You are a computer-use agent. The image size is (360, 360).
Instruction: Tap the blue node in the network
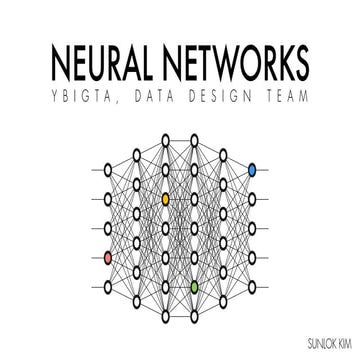click(253, 171)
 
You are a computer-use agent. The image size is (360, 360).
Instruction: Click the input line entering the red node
click(95, 259)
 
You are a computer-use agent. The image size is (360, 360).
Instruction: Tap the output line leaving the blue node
click(265, 171)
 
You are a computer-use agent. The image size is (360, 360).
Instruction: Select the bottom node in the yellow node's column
click(166, 317)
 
